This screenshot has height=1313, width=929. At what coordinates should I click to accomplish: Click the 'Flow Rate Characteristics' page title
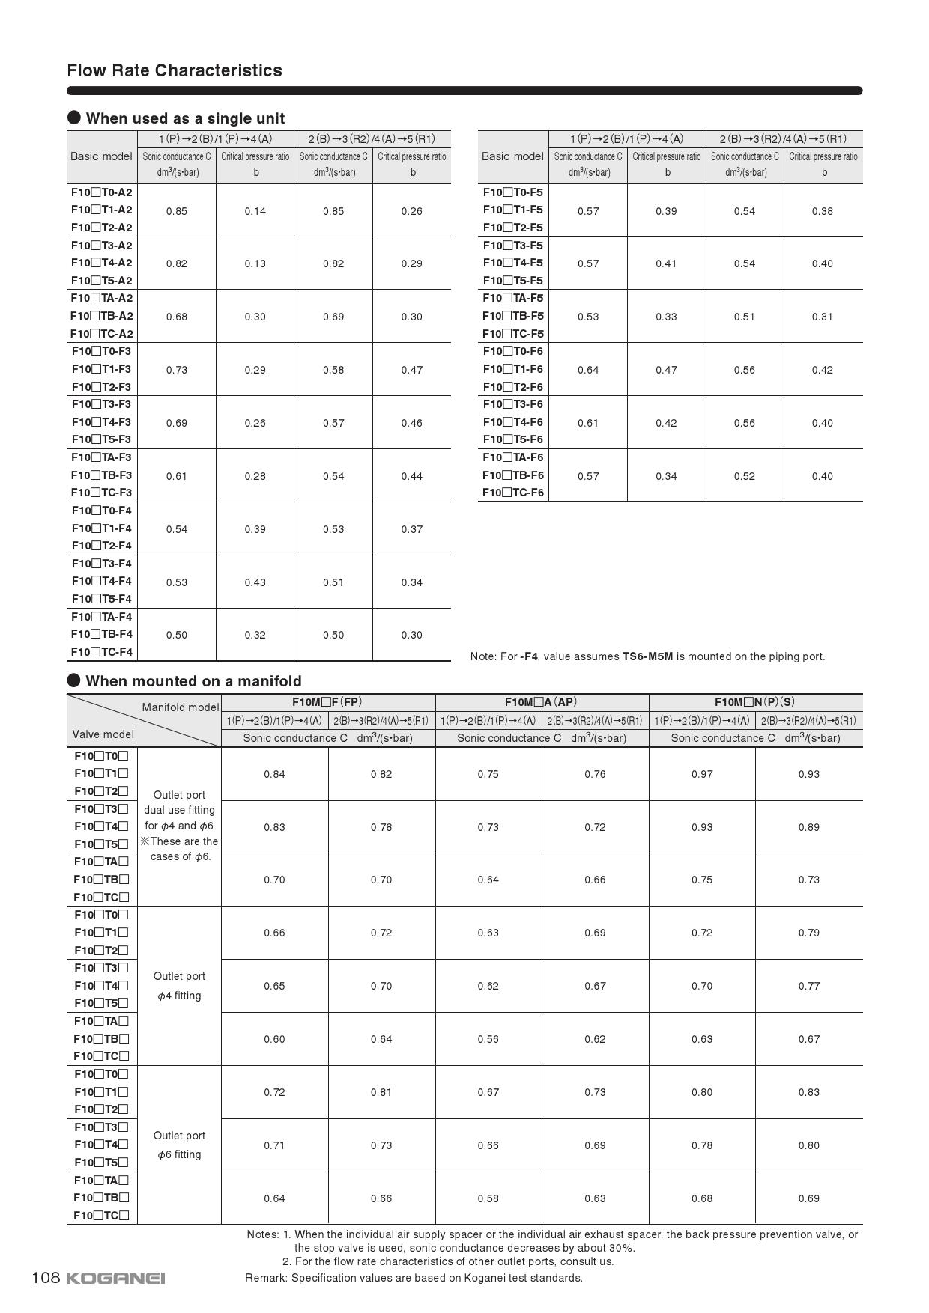(175, 70)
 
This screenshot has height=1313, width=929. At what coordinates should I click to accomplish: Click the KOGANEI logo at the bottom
(115, 1278)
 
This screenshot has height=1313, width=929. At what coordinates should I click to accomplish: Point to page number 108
(46, 1277)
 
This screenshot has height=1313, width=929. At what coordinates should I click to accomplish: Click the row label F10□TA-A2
(102, 298)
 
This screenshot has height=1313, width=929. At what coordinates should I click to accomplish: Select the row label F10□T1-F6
(513, 369)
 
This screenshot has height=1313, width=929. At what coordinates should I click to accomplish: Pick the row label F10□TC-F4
(102, 652)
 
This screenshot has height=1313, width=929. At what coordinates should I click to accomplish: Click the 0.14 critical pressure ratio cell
(255, 211)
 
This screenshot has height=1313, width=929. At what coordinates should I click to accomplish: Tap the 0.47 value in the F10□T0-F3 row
(411, 370)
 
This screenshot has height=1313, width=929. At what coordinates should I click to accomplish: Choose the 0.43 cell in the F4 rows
(255, 582)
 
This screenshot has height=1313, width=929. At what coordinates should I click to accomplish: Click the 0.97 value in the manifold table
(702, 774)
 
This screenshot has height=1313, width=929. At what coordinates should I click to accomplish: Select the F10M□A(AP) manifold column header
(541, 702)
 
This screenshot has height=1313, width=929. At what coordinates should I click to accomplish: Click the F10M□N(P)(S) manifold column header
(754, 702)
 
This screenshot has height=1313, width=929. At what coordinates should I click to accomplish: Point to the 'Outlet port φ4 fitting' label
(179, 986)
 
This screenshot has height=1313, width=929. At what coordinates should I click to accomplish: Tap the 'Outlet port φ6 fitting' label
(179, 1145)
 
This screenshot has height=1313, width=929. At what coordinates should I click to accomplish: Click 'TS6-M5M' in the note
(647, 656)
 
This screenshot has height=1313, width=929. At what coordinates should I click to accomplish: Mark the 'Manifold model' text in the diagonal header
(181, 707)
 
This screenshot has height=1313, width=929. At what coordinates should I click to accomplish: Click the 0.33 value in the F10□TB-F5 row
(666, 317)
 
